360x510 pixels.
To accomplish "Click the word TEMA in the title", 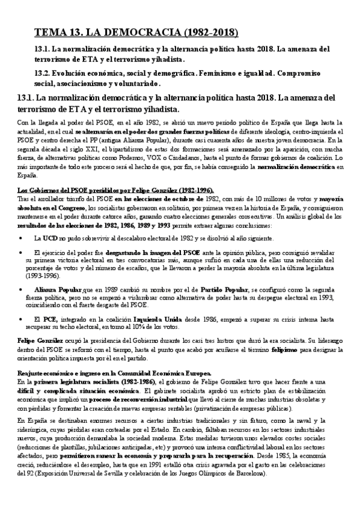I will click(x=50, y=32).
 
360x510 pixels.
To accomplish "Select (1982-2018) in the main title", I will click(x=204, y=32).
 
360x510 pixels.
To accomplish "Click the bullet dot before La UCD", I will click(x=22, y=238).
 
